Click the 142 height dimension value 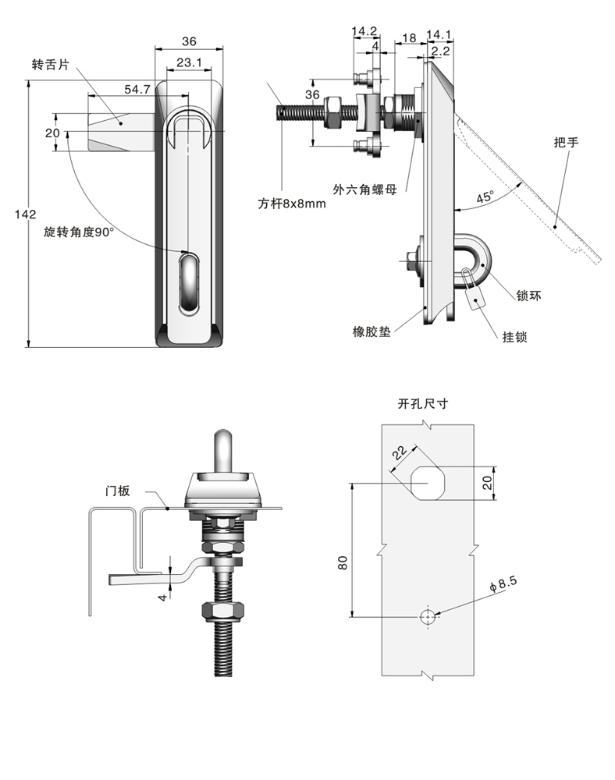[x=26, y=214]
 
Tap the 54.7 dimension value [x=137, y=89]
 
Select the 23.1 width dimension [x=189, y=62]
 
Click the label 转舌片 [x=50, y=66]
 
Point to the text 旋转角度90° [x=79, y=232]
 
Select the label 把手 [x=567, y=142]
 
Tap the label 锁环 [x=528, y=296]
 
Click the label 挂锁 [x=514, y=337]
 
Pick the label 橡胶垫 [x=371, y=331]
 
